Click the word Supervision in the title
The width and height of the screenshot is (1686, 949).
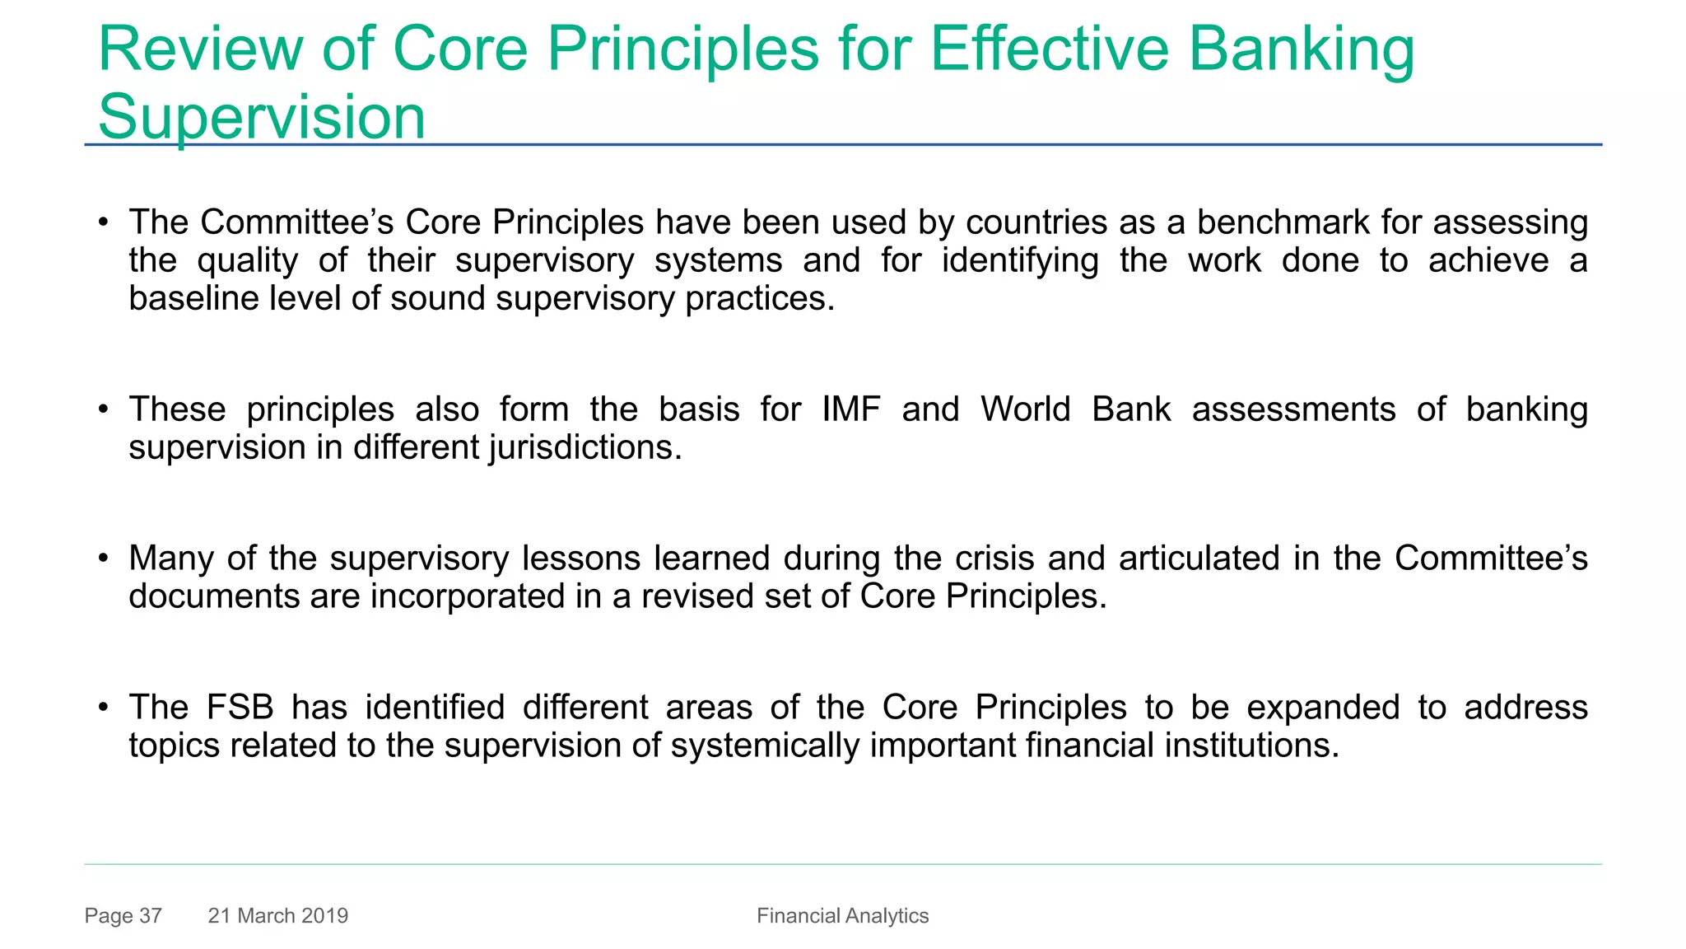[x=261, y=117]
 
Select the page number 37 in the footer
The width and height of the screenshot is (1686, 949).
[x=150, y=915]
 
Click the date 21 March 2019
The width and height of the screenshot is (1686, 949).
[x=277, y=915]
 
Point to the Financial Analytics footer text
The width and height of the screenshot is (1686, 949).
[x=842, y=915]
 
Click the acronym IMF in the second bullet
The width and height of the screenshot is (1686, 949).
[x=850, y=409]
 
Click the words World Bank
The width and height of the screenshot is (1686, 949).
[x=1075, y=409]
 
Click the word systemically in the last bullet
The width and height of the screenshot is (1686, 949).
[x=765, y=746]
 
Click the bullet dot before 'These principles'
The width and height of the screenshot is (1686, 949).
[x=103, y=409]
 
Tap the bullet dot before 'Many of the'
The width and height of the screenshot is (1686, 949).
[x=103, y=559]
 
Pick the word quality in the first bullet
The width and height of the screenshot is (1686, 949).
[x=247, y=261]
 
